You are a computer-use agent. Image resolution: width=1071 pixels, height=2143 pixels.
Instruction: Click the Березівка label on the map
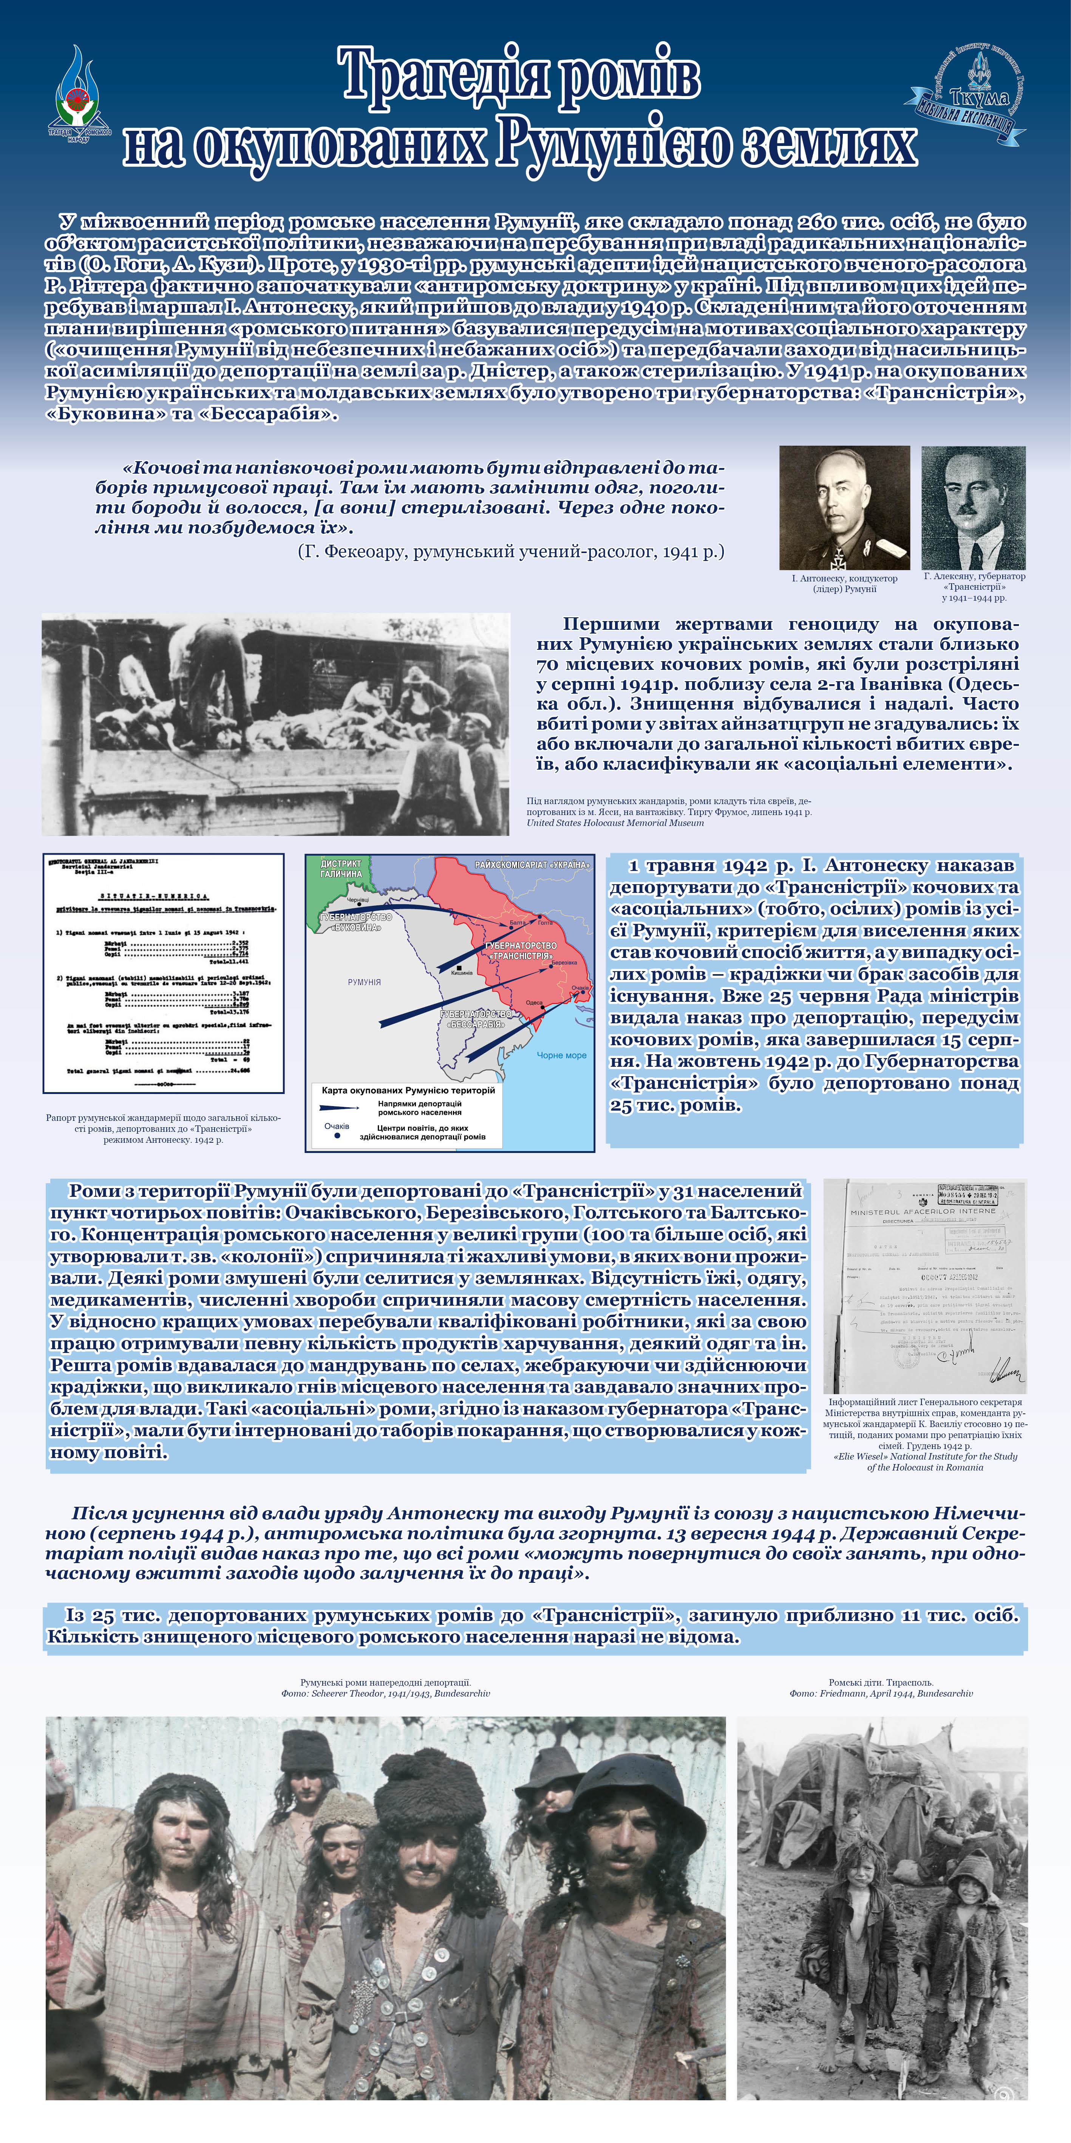(x=564, y=962)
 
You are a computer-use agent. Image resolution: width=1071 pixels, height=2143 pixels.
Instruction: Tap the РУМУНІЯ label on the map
(x=364, y=982)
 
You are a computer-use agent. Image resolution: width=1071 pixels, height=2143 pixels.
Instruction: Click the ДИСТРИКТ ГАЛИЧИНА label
(x=342, y=869)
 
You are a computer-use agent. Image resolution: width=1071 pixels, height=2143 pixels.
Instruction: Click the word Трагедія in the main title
(x=445, y=76)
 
